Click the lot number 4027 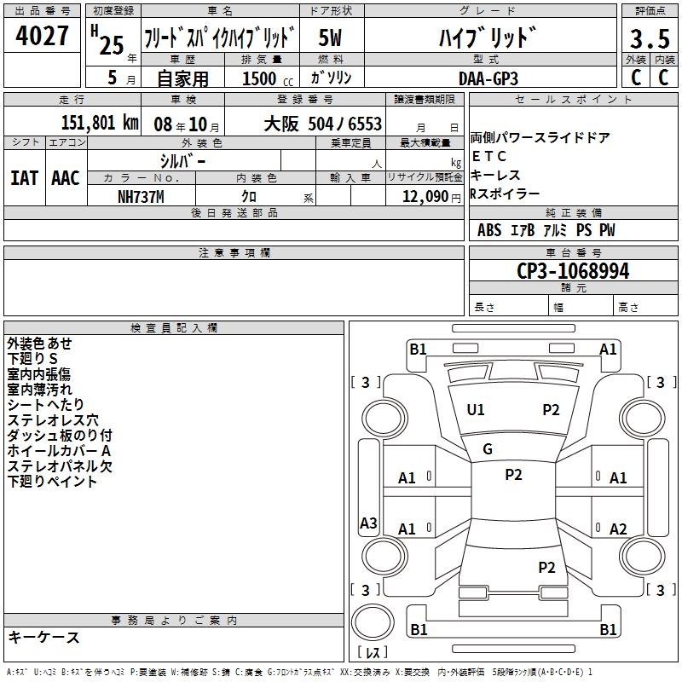point(42,36)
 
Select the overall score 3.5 point(650,38)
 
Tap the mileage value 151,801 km point(100,123)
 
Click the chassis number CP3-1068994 point(573,271)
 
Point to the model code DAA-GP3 point(488,78)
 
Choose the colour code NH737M point(141,197)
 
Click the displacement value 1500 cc point(268,78)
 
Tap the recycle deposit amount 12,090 point(425,197)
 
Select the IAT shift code point(25,178)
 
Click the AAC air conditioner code point(66,178)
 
